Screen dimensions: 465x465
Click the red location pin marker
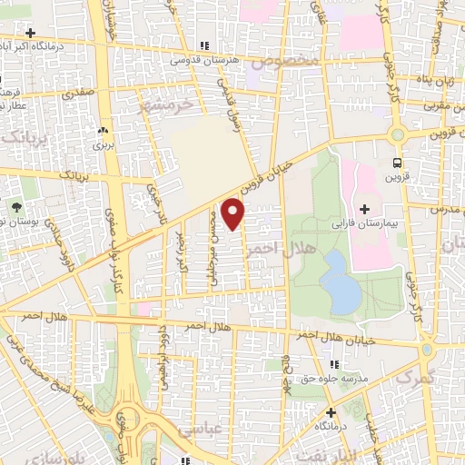(x=234, y=213)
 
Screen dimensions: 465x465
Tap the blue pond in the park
(x=340, y=281)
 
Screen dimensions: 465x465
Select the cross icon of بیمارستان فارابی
(x=364, y=209)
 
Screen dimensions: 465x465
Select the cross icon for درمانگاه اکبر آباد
(x=30, y=32)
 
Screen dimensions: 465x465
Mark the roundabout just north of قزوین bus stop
(x=397, y=134)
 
